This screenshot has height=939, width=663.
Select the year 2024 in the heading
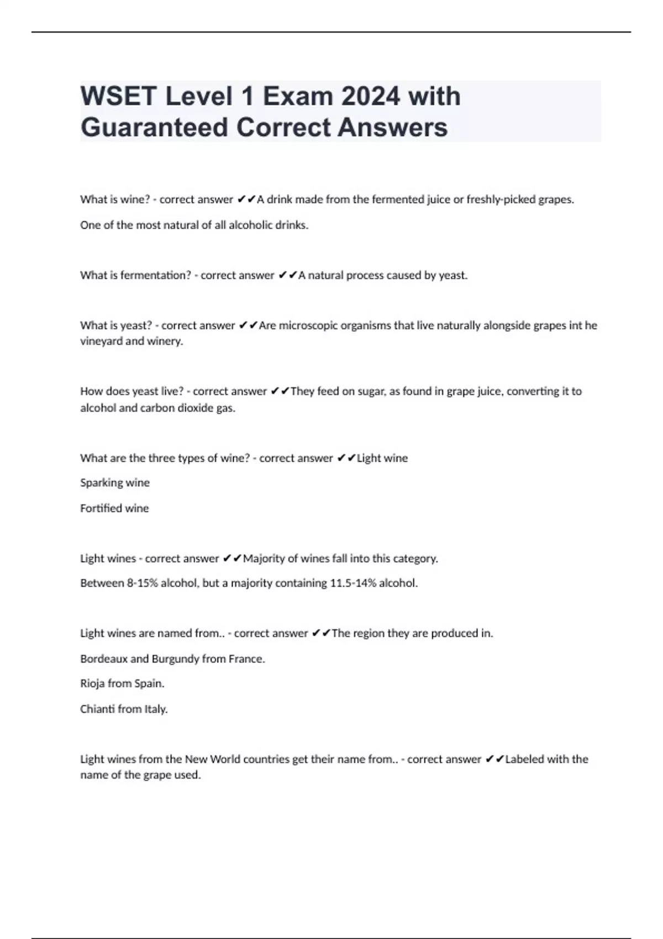(370, 97)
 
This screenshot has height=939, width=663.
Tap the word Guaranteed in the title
(154, 128)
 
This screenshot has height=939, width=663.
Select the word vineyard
(101, 341)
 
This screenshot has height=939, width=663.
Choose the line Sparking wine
(115, 483)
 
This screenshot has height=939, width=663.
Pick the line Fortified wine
(114, 508)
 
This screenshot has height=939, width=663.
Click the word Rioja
(92, 684)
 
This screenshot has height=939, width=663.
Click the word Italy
(156, 709)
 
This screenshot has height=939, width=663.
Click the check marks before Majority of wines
(232, 558)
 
